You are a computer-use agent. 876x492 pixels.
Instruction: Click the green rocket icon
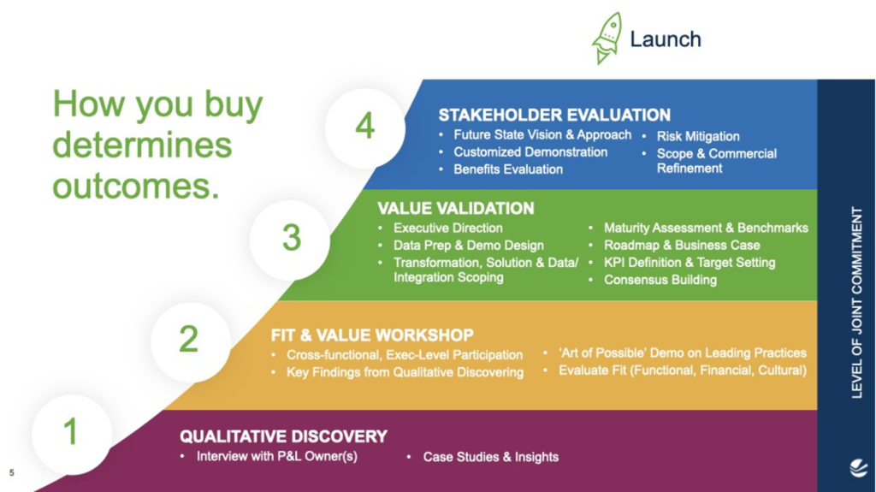point(607,39)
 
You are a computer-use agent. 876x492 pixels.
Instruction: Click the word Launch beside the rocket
point(665,39)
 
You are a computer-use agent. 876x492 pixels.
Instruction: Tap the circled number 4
point(365,127)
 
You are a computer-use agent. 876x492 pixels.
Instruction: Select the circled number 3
point(291,237)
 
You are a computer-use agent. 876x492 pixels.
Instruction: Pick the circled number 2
point(188,340)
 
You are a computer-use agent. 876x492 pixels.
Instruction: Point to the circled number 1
point(71,432)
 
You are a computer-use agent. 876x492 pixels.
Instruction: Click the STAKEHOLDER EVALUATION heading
point(554,115)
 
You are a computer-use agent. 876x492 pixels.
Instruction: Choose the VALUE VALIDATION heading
point(455,208)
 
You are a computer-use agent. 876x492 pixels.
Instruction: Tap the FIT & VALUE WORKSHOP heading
point(372,335)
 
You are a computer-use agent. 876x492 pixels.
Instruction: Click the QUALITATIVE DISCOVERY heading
point(283,436)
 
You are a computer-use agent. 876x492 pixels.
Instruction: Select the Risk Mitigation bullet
point(697,136)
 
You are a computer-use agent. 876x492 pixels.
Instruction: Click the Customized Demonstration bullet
point(530,152)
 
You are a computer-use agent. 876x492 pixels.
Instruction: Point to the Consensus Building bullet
point(660,280)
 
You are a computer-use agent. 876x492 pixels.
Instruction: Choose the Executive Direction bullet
point(447,228)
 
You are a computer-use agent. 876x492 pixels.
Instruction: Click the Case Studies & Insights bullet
point(490,457)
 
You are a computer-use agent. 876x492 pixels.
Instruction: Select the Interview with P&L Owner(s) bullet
point(276,456)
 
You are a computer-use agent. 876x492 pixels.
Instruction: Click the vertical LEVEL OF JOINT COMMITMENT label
point(857,302)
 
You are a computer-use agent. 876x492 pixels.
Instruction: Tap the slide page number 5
point(12,471)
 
